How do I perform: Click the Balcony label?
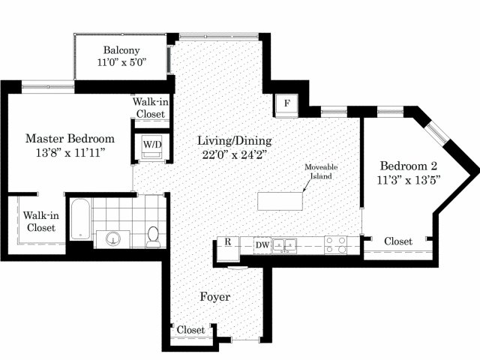(121, 50)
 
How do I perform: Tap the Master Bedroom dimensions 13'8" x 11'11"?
(70, 152)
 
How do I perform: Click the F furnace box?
(286, 104)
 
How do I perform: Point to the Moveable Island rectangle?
(280, 201)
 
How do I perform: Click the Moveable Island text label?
(321, 172)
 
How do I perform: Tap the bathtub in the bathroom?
(80, 219)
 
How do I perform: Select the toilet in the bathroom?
(152, 236)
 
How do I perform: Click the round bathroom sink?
(113, 238)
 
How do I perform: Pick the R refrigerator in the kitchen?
(228, 248)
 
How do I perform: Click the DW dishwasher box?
(262, 245)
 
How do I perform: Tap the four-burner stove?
(336, 245)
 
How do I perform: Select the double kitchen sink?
(285, 245)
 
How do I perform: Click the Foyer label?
(215, 297)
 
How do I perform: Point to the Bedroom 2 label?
(409, 166)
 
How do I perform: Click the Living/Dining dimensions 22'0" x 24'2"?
(235, 155)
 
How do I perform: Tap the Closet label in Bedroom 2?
(398, 241)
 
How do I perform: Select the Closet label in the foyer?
(190, 330)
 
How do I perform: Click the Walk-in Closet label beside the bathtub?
(41, 222)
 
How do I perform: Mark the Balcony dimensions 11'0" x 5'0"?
(121, 62)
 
